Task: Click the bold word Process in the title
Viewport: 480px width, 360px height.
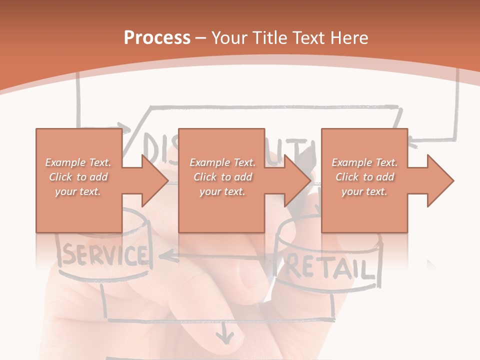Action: (x=157, y=38)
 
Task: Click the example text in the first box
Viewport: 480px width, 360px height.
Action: (x=78, y=177)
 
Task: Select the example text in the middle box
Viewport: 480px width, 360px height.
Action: (x=222, y=177)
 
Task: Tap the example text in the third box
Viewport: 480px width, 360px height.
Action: (x=364, y=177)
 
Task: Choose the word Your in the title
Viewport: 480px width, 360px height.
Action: (x=228, y=38)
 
